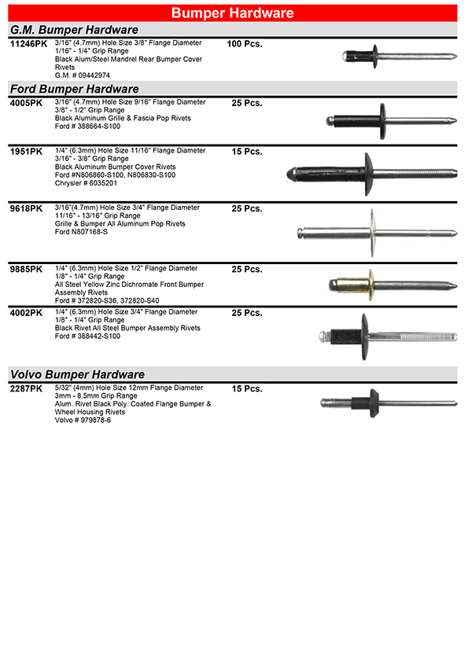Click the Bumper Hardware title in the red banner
point(233,13)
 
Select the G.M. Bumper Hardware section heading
point(74,30)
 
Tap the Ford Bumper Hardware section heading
point(74,89)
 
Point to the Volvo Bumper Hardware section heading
point(77,374)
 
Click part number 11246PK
point(28,44)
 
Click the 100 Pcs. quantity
point(244,44)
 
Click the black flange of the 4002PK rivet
point(364,334)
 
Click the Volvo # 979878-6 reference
point(83,420)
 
